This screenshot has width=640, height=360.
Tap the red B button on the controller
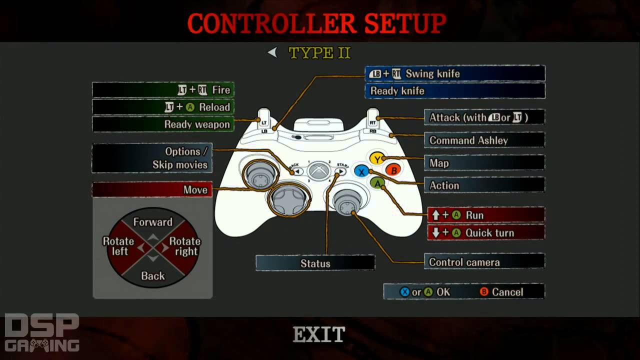[393, 170]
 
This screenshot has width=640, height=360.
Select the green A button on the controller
[377, 183]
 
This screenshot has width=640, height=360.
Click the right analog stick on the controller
[345, 202]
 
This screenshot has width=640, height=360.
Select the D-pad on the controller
[289, 198]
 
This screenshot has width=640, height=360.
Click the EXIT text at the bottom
[319, 334]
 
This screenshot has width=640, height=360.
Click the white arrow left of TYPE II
[272, 52]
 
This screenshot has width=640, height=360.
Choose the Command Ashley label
[484, 140]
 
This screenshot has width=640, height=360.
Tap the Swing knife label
[454, 74]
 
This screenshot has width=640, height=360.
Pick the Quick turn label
[485, 233]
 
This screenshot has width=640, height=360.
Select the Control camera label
[484, 262]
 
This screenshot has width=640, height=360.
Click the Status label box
[315, 263]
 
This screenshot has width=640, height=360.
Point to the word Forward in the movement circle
[152, 222]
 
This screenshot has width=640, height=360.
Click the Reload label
[163, 107]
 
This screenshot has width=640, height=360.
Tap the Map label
[484, 163]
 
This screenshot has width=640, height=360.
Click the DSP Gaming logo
[42, 332]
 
